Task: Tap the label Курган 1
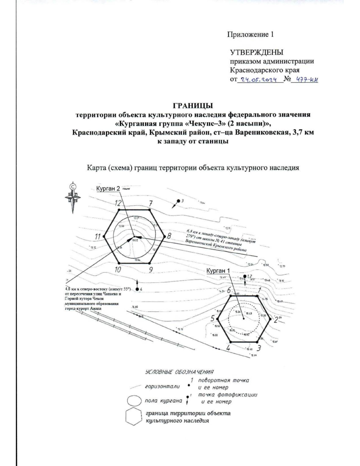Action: [x=218, y=271]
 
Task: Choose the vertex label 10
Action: [x=118, y=269]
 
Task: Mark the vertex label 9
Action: [x=151, y=270]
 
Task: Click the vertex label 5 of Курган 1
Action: [x=212, y=318]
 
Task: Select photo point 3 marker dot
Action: [x=178, y=201]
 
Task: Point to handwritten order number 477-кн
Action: [x=307, y=80]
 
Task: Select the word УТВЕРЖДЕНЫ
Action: [x=256, y=53]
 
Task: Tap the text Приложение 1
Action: [x=251, y=35]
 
